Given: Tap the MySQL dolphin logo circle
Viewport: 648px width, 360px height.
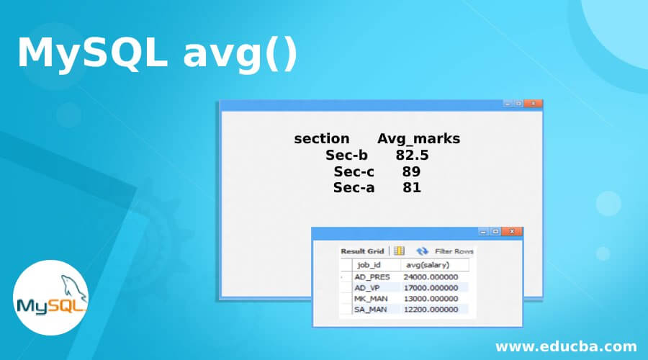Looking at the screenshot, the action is [50, 297].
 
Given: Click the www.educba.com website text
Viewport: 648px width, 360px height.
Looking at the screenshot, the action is [566, 346].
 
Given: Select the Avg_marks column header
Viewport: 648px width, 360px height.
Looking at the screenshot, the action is [418, 139].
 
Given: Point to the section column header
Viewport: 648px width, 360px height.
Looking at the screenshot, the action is [322, 138].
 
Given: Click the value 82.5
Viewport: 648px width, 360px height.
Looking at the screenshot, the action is [412, 155].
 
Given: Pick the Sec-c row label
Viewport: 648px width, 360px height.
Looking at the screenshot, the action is [354, 171].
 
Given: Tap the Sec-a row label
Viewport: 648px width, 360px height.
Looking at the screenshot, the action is [354, 188].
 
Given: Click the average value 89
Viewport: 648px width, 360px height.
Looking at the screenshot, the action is [411, 171].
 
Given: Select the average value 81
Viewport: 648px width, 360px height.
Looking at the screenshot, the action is [412, 188].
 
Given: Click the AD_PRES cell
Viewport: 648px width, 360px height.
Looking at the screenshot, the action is [372, 277].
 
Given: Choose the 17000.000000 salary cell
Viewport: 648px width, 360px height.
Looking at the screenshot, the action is [431, 288].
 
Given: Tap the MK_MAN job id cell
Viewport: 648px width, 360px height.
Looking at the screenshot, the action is [371, 298].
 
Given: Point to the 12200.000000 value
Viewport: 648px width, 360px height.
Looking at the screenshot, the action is [431, 309].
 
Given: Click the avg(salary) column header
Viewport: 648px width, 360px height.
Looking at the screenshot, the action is [427, 265].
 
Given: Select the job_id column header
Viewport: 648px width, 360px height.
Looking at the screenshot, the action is [369, 265].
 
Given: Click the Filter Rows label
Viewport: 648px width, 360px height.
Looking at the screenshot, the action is [454, 251].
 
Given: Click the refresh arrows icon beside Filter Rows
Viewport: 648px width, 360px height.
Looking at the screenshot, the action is [422, 251].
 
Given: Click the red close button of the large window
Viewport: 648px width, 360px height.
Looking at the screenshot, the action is [533, 104].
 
